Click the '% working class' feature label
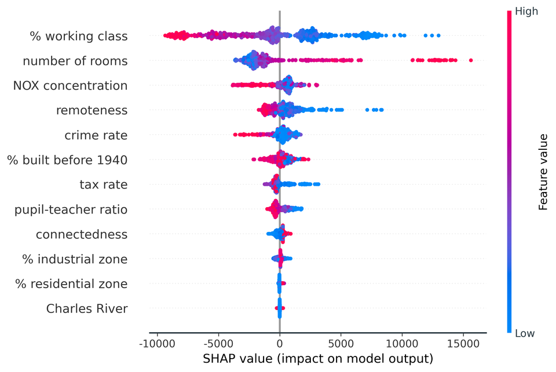coord(79,36)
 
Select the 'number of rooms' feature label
coord(75,61)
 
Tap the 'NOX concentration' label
coord(70,86)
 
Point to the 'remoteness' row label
coord(92,111)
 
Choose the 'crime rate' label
coord(96,135)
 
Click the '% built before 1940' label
coord(67,160)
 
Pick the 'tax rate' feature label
coord(103,185)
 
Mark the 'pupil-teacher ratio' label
coord(71,209)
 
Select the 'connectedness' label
coord(82,234)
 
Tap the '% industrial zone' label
coord(75,259)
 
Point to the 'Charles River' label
coord(87,309)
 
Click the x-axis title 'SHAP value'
coord(318,358)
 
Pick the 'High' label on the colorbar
coord(526,11)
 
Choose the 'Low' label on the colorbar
coord(525,333)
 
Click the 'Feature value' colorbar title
coord(543,172)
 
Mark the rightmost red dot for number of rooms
coord(471,60)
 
